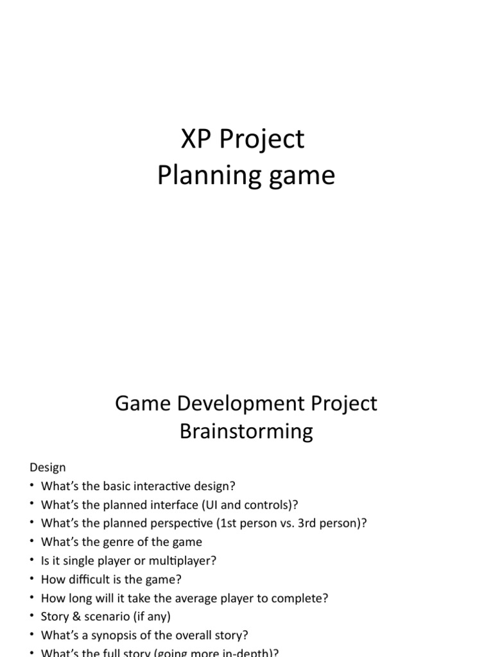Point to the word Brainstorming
point(246,431)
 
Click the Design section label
point(48,468)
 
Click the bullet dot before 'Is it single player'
point(32,561)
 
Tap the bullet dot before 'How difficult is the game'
point(32,579)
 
